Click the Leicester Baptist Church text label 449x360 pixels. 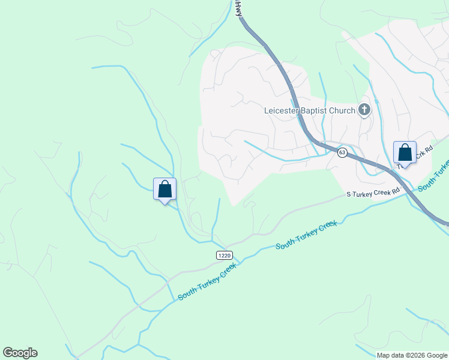(309, 110)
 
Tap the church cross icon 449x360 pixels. (364, 110)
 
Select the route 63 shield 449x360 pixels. (342, 152)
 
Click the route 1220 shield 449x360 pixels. (224, 256)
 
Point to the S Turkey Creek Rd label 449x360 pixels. (373, 194)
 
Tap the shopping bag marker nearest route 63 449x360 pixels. (405, 153)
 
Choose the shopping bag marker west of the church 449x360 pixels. (164, 190)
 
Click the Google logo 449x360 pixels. (20, 353)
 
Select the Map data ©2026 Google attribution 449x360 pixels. (411, 355)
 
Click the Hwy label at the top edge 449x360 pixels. (239, 7)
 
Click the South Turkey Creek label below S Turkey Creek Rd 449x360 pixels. (306, 235)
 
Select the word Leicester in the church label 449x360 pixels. (283, 110)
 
